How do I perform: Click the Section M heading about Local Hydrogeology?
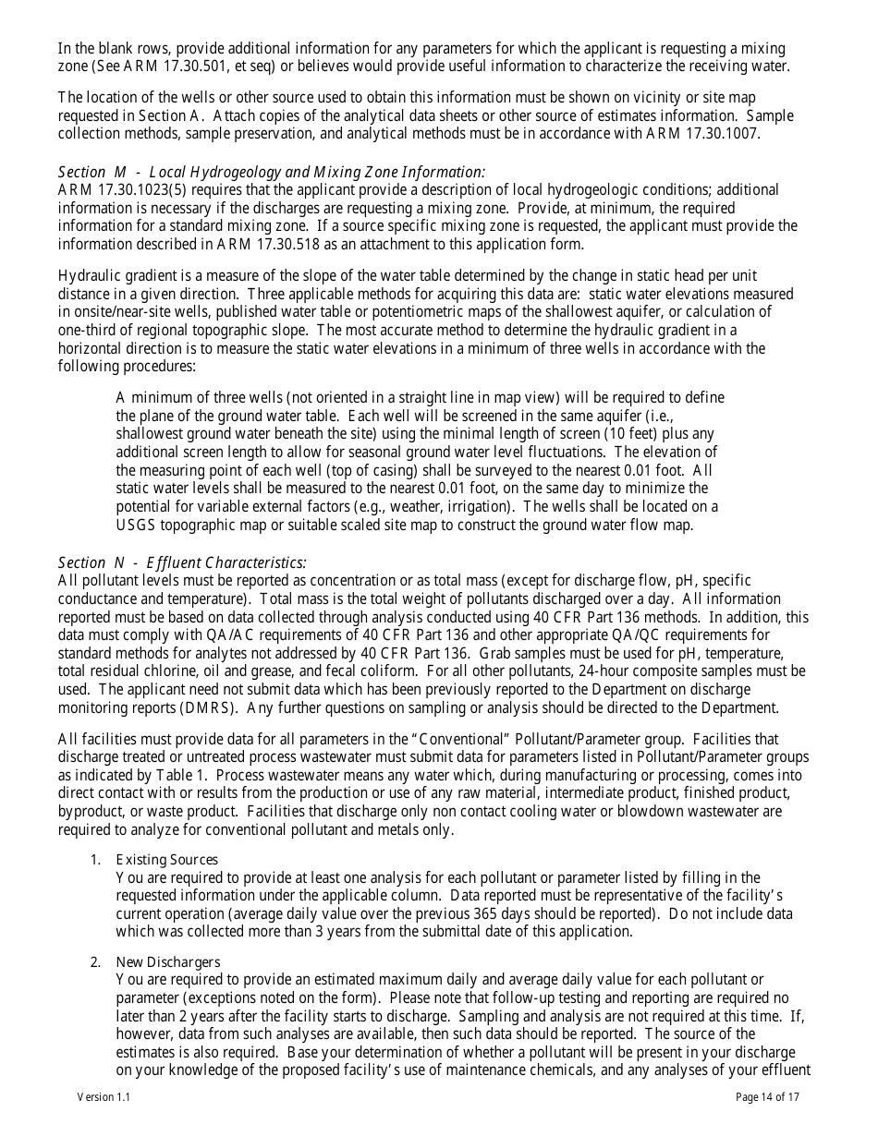click(271, 172)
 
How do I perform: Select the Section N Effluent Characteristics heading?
click(182, 562)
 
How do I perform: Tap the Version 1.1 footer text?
click(104, 1097)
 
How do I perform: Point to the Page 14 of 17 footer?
click(767, 1097)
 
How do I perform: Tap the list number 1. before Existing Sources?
click(95, 860)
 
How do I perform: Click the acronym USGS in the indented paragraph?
click(138, 525)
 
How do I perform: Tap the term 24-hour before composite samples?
click(610, 671)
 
